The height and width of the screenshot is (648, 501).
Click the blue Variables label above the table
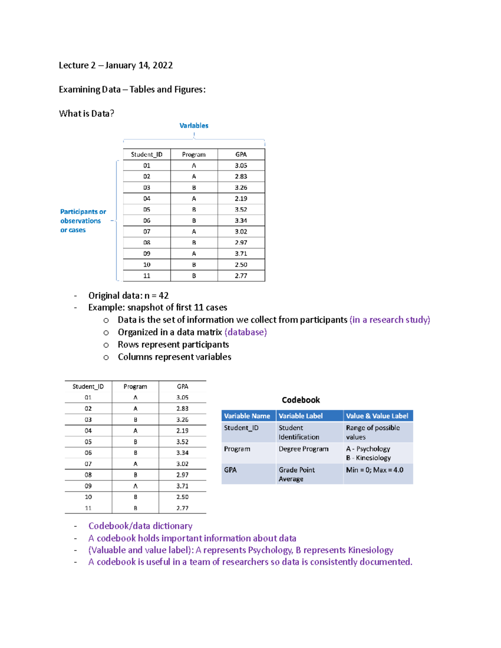pyautogui.click(x=194, y=126)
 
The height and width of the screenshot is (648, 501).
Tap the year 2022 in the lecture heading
pyautogui.click(x=163, y=66)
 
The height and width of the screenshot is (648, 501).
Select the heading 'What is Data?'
pyautogui.click(x=86, y=113)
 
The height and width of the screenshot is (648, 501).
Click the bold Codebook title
pyautogui.click(x=301, y=400)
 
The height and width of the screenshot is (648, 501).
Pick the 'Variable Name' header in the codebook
pyautogui.click(x=247, y=416)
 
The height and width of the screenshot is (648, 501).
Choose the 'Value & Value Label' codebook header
pyautogui.click(x=377, y=416)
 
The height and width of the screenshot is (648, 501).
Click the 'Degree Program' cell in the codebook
pyautogui.click(x=304, y=449)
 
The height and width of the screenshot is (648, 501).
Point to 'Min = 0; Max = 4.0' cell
pyautogui.click(x=374, y=470)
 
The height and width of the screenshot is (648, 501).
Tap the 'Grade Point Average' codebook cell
pyautogui.click(x=296, y=474)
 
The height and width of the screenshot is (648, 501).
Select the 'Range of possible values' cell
pyautogui.click(x=373, y=432)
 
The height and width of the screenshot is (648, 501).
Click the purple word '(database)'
pyautogui.click(x=245, y=332)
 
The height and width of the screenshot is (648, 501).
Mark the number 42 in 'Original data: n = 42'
pyautogui.click(x=164, y=296)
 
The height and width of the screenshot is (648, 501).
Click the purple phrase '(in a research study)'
pyautogui.click(x=390, y=320)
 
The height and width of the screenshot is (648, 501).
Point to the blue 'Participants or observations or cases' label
pyautogui.click(x=83, y=221)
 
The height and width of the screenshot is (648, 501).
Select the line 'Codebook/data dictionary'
pyautogui.click(x=140, y=526)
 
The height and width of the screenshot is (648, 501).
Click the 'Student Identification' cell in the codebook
pyautogui.click(x=299, y=432)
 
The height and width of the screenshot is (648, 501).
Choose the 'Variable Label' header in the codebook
pyautogui.click(x=301, y=416)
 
